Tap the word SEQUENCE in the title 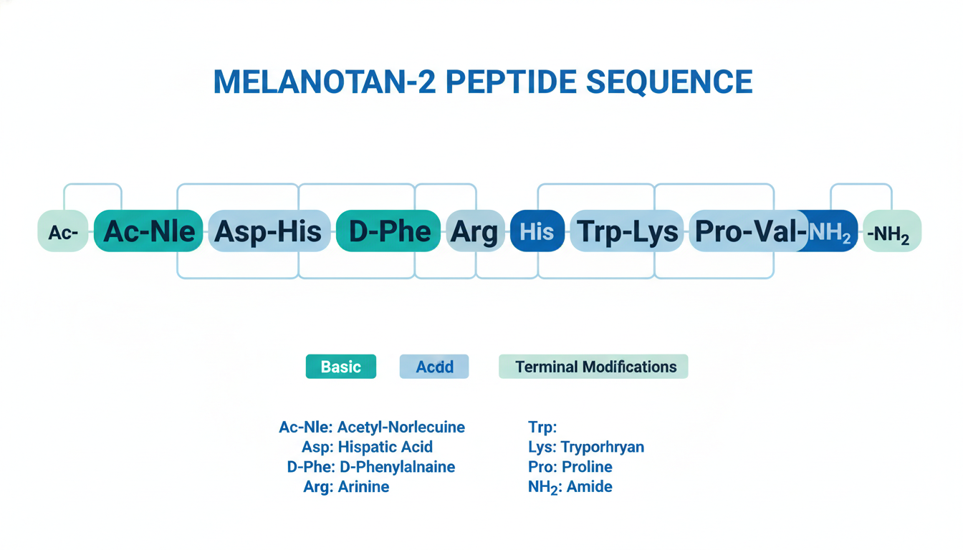click(669, 82)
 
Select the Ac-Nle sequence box click(148, 231)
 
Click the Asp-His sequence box click(269, 231)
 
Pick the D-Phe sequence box click(388, 231)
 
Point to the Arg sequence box click(476, 231)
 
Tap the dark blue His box click(537, 231)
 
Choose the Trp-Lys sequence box click(627, 231)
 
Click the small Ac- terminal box click(63, 231)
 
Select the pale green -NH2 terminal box click(892, 231)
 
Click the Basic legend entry click(341, 367)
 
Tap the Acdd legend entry click(434, 367)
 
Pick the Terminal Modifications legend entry click(593, 367)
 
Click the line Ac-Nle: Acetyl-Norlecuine click(372, 427)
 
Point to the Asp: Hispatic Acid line click(367, 447)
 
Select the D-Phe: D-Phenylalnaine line click(371, 467)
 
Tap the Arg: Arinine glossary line click(346, 486)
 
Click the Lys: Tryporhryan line click(586, 447)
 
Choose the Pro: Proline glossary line click(570, 467)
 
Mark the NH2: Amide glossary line click(570, 487)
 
